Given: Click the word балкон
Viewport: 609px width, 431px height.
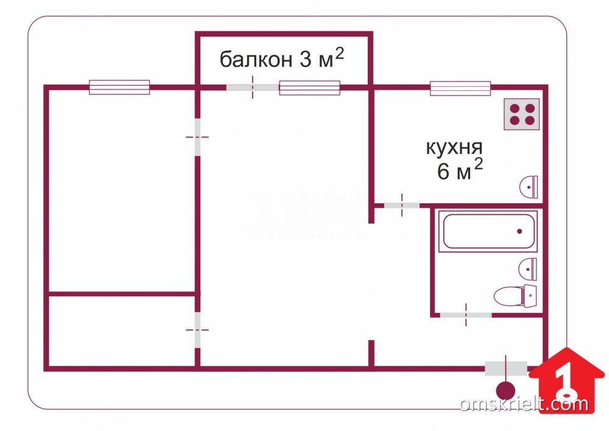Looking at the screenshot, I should point(256,60).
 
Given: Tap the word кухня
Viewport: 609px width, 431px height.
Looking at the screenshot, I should point(454,147).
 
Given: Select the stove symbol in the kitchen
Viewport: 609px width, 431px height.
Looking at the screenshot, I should point(522,114).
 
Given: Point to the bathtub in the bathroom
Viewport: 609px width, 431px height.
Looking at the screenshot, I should point(490,231).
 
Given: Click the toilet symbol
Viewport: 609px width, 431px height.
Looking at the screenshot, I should point(515,296).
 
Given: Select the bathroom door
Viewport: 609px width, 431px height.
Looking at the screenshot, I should point(466,315).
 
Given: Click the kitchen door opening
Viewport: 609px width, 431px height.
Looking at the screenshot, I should point(402,205).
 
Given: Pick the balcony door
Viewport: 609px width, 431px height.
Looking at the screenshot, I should point(253,88).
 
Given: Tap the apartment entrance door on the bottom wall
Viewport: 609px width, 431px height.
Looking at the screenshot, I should point(506,368).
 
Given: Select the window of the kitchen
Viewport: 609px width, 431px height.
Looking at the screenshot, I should point(460,88).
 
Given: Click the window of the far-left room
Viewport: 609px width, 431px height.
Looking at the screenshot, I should point(119,87).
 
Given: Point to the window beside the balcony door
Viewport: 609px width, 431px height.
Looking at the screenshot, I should point(309,88).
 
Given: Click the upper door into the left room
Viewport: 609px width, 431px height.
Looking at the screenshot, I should point(197,137).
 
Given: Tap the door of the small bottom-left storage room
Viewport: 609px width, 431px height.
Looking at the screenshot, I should point(197,329).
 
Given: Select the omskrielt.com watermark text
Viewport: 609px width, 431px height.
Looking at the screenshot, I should point(524,404).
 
